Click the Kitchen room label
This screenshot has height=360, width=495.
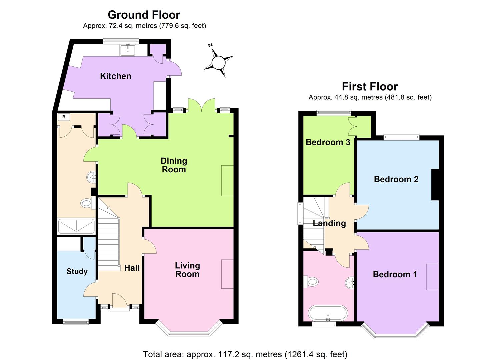click(116, 76)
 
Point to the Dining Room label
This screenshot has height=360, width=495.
click(174, 165)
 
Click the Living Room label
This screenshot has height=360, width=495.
click(187, 270)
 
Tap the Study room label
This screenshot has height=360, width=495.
click(77, 271)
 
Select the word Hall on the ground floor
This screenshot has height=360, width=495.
click(132, 268)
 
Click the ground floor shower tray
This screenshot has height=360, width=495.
click(77, 226)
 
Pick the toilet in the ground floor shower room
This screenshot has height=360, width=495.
click(86, 203)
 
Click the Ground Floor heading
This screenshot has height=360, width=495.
click(144, 15)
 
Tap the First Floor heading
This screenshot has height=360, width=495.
click(370, 87)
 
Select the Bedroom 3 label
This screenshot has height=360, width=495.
click(328, 142)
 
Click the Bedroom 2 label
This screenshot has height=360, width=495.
click(396, 179)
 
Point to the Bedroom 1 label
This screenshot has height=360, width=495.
click(395, 274)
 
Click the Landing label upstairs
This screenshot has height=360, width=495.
click(329, 223)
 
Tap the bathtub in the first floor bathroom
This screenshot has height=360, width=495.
click(328, 313)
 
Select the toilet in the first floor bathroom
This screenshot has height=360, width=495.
click(311, 282)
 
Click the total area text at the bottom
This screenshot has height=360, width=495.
click(245, 354)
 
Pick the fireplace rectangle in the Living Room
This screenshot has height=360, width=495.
click(227, 274)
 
